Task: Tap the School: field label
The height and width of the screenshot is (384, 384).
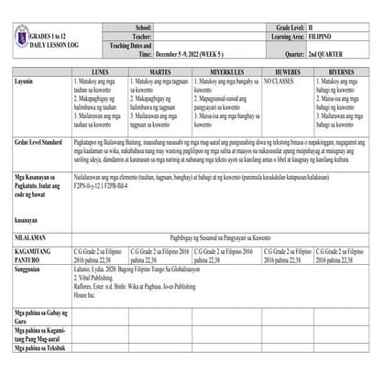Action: tap(143, 29)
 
